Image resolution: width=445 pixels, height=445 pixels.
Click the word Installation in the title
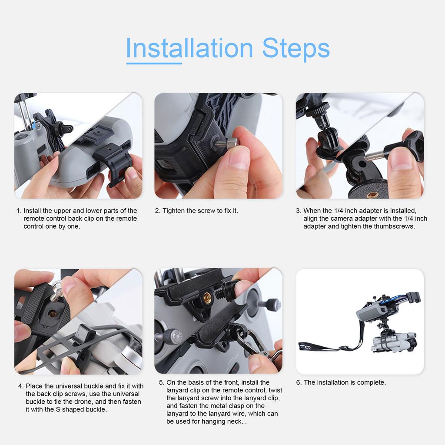tap(189, 48)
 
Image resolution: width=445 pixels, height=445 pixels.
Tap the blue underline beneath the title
tap(154, 63)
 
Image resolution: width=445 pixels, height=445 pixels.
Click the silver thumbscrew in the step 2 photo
tap(227, 143)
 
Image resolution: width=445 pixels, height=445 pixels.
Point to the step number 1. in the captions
tap(19, 211)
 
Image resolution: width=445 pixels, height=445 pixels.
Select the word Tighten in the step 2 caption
tap(174, 211)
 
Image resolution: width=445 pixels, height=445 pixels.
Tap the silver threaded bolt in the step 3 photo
tap(374, 156)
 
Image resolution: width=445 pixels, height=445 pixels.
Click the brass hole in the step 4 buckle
tap(53, 313)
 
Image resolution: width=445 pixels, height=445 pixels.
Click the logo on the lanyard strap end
tap(305, 346)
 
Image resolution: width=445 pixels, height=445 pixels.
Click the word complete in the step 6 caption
tap(371, 382)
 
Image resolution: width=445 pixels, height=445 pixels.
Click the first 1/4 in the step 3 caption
tap(339, 211)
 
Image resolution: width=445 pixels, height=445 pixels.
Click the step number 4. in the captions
tap(21, 386)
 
